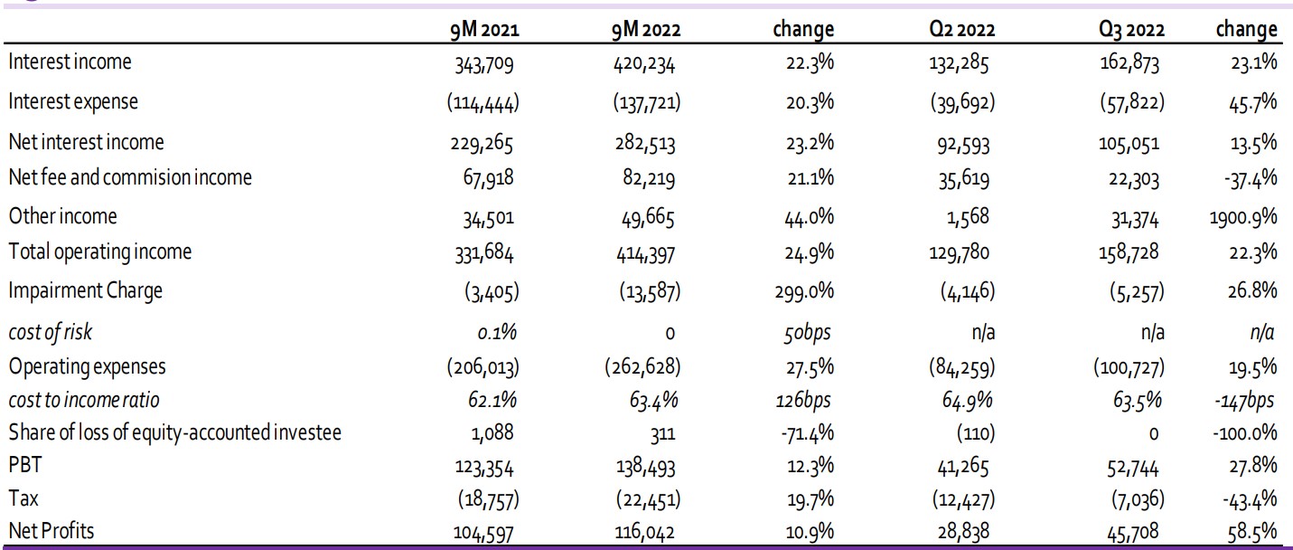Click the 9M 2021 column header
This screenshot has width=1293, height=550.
[484, 30]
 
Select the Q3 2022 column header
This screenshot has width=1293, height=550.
[1131, 30]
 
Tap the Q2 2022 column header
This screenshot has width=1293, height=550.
[961, 30]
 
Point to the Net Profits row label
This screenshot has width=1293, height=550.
[52, 530]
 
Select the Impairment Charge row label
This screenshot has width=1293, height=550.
[86, 290]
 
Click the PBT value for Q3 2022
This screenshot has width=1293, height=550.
[1132, 468]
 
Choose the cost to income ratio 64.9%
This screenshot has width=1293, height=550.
[967, 400]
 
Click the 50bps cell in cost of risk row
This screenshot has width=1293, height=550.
[807, 333]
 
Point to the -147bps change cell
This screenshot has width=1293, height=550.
[1244, 400]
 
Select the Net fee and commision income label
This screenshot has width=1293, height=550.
[130, 177]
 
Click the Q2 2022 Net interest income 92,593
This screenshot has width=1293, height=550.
[963, 145]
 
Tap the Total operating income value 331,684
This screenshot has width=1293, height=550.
[483, 253]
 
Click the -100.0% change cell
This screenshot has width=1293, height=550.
[1244, 432]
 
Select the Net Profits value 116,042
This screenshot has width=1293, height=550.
[644, 532]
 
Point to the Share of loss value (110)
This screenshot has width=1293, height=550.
[976, 432]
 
